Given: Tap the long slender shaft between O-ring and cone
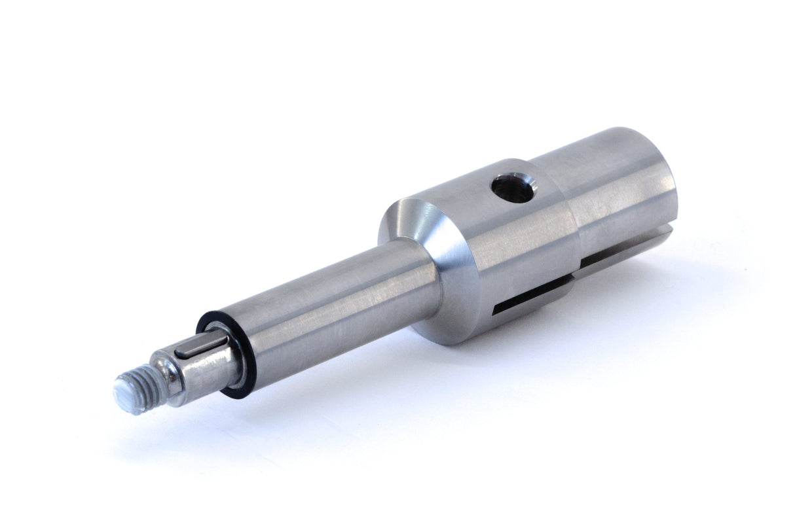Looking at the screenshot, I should [327, 307].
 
